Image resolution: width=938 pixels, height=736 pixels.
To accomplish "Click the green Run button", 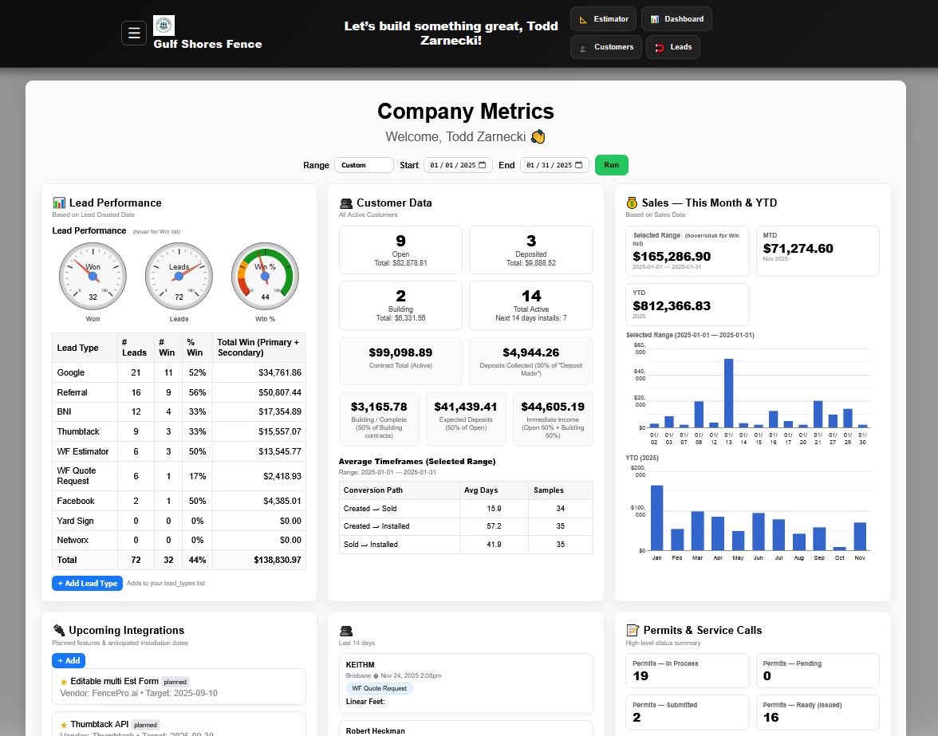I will coord(611,165).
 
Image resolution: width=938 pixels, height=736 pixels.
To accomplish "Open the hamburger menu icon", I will coord(134,33).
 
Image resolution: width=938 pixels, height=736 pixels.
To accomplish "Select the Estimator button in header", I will coord(604,19).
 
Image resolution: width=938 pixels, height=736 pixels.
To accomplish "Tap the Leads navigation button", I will coord(673,47).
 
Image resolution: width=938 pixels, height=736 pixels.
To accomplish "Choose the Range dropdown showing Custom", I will coord(364,165).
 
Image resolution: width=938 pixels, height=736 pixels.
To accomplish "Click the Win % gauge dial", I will coord(265,275).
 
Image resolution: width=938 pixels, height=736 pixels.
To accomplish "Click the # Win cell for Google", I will coord(167,372).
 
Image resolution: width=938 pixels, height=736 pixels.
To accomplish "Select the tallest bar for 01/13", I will coord(728,393).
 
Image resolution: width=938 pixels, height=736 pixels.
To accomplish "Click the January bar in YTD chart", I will coord(657,517).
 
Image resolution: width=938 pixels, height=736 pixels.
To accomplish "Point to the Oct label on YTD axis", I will coord(839,558).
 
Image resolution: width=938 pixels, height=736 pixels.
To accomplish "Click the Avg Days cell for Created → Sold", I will coord(494,509).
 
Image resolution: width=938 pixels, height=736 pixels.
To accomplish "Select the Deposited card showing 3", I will coord(530,250).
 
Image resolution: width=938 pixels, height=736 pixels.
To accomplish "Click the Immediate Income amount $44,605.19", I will coord(553,407).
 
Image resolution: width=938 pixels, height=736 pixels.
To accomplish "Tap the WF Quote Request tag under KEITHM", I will coord(380,688).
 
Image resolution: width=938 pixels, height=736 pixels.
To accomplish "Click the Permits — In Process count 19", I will coord(640,676).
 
